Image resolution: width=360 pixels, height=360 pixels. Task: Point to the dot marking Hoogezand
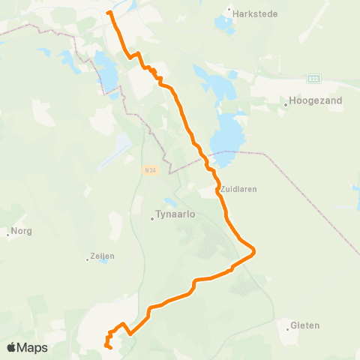click(x=286, y=106)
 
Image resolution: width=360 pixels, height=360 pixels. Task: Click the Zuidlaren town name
click(x=238, y=189)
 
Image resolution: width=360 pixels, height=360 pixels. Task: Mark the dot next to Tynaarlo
click(x=152, y=219)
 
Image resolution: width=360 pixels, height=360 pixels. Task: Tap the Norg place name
click(x=21, y=232)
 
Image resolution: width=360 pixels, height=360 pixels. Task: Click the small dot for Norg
click(x=8, y=232)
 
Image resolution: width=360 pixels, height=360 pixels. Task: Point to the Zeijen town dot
click(x=88, y=260)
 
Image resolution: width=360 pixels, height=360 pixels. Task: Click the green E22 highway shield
click(x=314, y=78)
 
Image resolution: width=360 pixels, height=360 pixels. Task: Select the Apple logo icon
click(x=12, y=348)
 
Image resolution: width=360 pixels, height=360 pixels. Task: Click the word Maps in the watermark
click(x=33, y=348)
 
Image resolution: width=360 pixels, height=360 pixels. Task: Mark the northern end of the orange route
click(x=109, y=13)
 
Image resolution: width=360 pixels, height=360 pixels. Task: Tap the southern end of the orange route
click(x=110, y=347)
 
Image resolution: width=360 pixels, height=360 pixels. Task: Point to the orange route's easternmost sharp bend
click(x=255, y=250)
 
